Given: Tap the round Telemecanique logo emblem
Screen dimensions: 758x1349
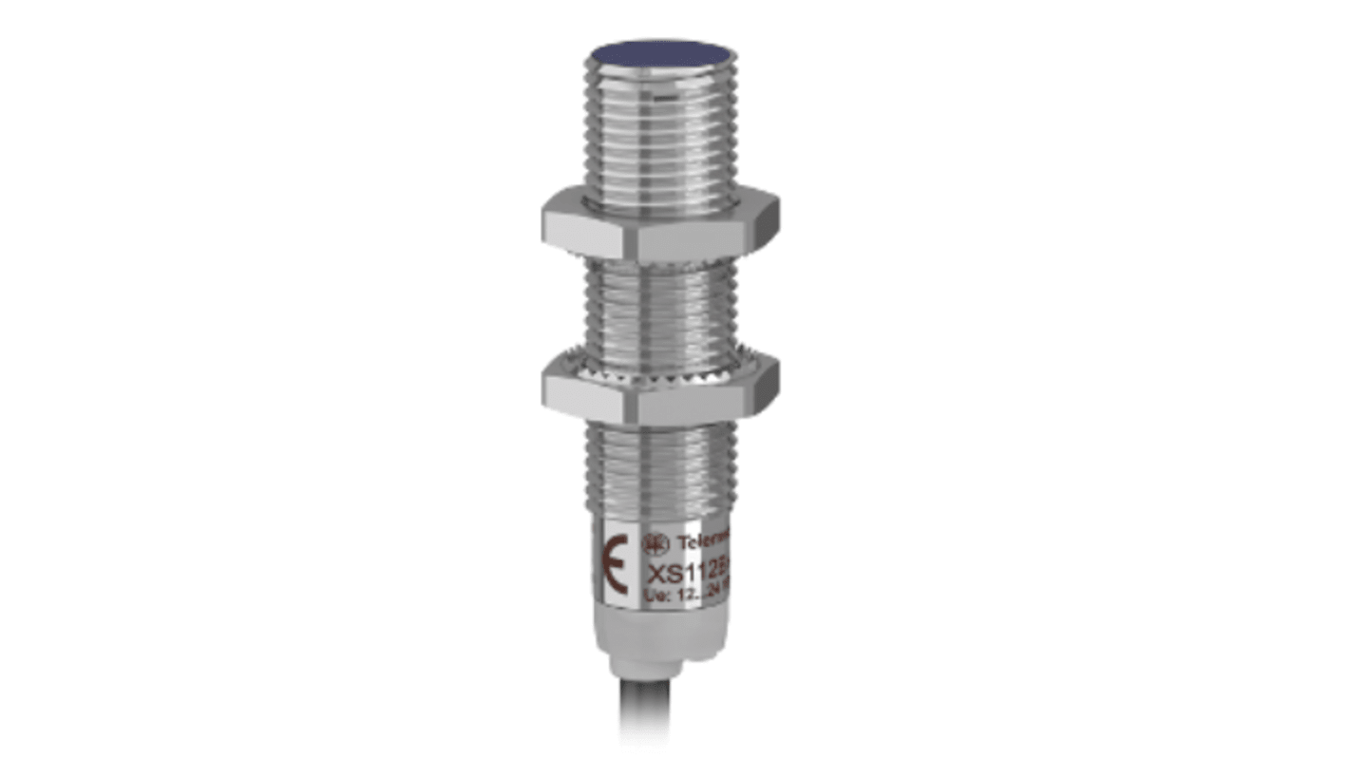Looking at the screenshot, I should (655, 542).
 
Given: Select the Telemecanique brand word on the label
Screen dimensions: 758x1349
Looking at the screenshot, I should (701, 543).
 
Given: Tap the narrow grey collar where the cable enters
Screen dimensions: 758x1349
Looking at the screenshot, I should (648, 665).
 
